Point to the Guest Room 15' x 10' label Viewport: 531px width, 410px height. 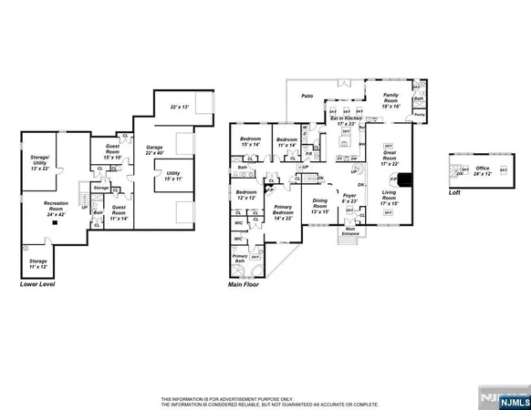pos(112,151)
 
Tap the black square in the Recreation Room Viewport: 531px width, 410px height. pos(55,221)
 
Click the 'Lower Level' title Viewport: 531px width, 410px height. pos(37,285)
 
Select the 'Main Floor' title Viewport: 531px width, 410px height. pos(244,285)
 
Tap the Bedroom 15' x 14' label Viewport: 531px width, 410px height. pos(250,141)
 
